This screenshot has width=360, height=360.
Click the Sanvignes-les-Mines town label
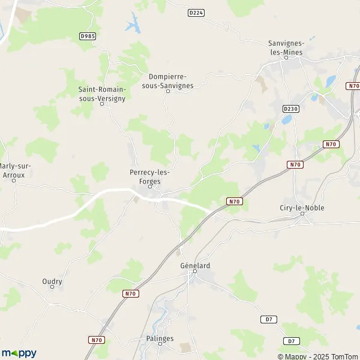pos(286,47)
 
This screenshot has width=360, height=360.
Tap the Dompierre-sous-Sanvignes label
pos(167,81)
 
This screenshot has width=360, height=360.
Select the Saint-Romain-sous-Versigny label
pos(102,94)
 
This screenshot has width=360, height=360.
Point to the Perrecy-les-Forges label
pos(149,176)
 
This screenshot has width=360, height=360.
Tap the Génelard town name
pos(195,265)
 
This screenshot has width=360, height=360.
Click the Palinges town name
pos(160,338)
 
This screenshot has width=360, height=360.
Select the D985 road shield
pos(88,36)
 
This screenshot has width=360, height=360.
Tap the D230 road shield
pos(290,108)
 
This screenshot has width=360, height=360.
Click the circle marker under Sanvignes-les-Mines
pos(286,58)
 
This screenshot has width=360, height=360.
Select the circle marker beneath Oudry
pos(52,287)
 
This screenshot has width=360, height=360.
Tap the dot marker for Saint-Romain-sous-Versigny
pos(102,104)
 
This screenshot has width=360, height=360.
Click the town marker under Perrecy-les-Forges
pos(149,187)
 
